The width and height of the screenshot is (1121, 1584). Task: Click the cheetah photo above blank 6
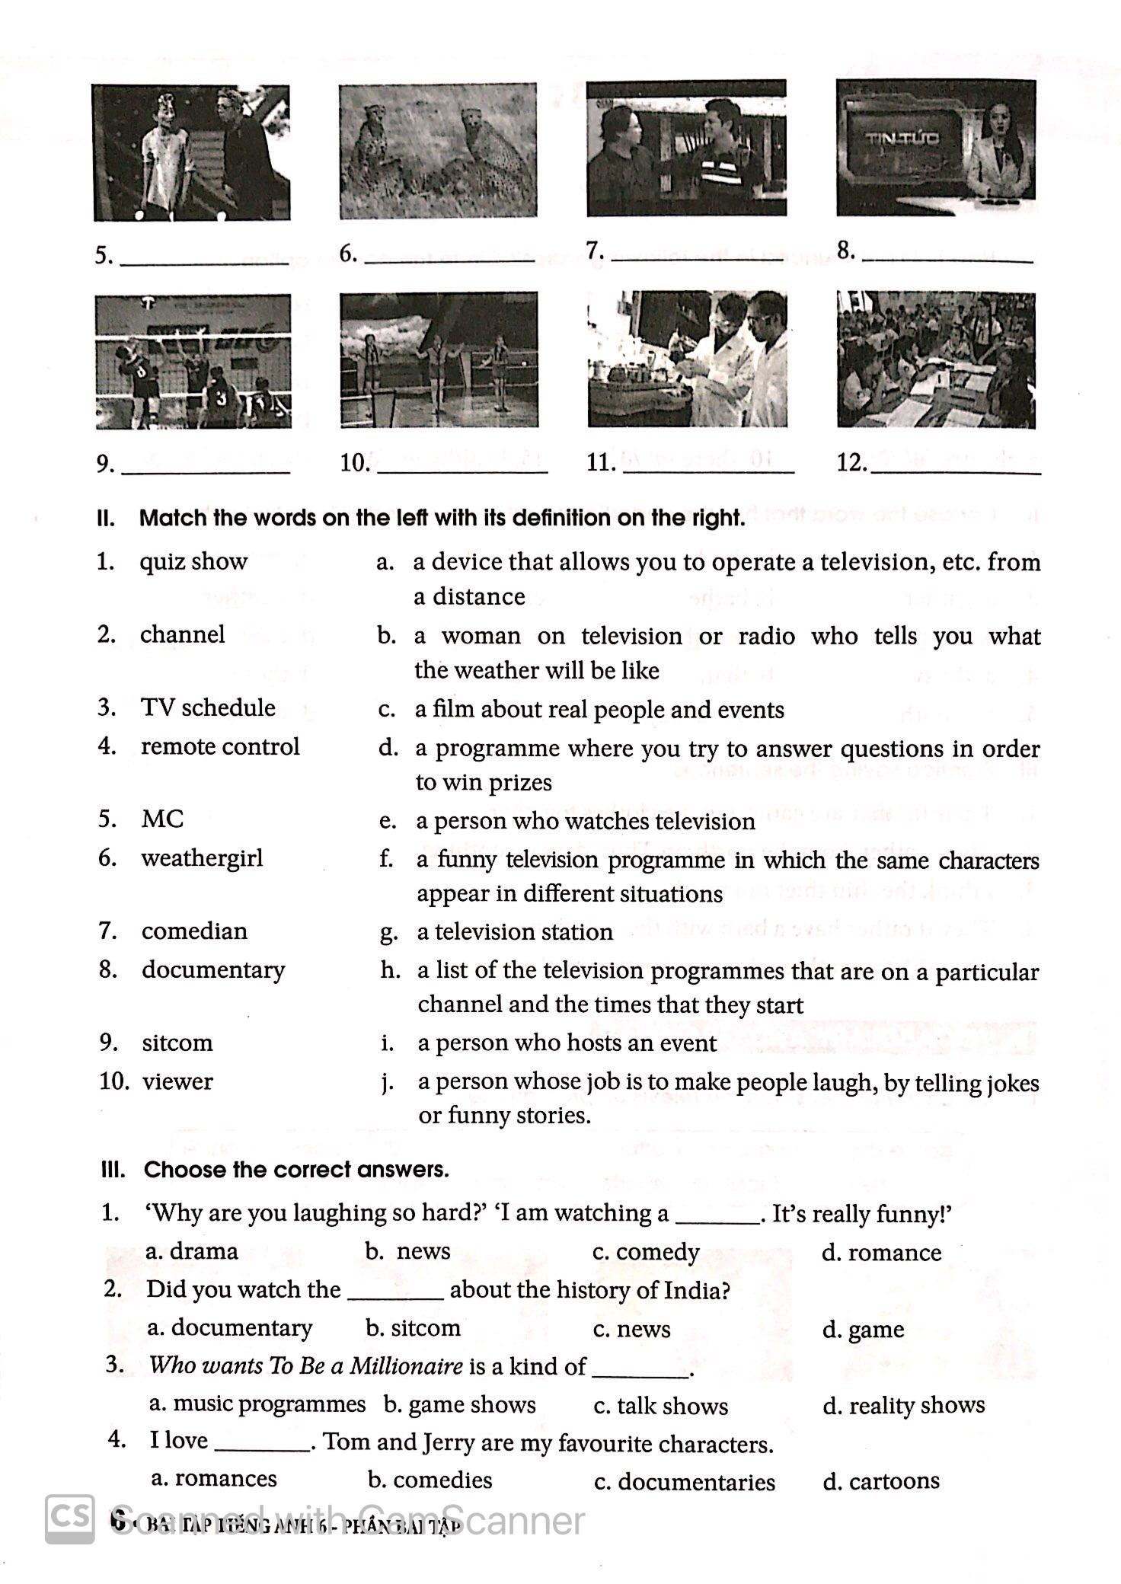(438, 151)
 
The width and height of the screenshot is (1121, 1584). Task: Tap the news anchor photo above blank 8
(936, 148)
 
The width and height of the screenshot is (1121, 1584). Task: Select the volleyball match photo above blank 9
(193, 362)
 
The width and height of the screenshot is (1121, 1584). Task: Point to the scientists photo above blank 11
(687, 359)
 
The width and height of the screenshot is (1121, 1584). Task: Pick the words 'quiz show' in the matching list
(193, 562)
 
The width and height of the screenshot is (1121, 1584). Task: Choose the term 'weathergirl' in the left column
(202, 858)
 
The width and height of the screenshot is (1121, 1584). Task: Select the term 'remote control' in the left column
(220, 746)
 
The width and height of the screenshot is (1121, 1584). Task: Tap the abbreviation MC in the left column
(162, 819)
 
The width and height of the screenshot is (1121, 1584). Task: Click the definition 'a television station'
(514, 932)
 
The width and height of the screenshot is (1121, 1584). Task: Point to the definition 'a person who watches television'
(585, 822)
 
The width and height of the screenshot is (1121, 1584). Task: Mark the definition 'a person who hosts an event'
(567, 1043)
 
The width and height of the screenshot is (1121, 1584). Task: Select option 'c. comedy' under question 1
(646, 1252)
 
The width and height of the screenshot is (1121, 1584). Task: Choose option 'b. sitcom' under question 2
(414, 1328)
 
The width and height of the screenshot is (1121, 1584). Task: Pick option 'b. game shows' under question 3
(460, 1404)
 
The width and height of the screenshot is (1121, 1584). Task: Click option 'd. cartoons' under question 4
(881, 1480)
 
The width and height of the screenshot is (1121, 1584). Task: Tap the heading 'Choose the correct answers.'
(296, 1170)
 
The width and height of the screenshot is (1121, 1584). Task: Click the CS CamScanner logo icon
(70, 1519)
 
